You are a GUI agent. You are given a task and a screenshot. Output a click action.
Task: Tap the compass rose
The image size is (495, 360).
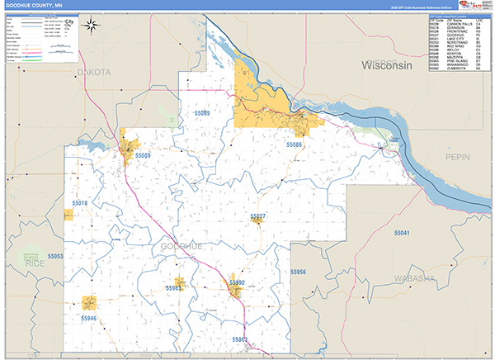click(x=96, y=27)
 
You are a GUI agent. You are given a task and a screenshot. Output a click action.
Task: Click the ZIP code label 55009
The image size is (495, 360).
click(x=143, y=155)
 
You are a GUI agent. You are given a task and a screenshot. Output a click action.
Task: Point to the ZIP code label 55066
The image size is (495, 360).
click(x=295, y=144)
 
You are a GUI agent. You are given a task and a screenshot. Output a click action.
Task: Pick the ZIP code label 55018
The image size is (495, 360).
click(x=80, y=202)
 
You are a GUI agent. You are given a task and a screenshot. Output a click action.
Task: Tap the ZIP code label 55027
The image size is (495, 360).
click(x=258, y=216)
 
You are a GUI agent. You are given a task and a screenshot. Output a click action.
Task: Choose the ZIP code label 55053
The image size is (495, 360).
click(x=55, y=257)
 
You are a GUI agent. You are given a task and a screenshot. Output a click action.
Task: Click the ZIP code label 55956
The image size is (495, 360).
click(x=298, y=272)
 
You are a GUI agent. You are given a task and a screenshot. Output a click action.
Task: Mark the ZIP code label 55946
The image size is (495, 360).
click(x=88, y=318)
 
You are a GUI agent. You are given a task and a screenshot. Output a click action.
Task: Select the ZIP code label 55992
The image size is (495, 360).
click(x=237, y=282)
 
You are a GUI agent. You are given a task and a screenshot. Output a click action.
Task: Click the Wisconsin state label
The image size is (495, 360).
click(x=386, y=65)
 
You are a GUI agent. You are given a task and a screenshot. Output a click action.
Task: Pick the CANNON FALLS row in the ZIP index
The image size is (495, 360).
click(x=457, y=24)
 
